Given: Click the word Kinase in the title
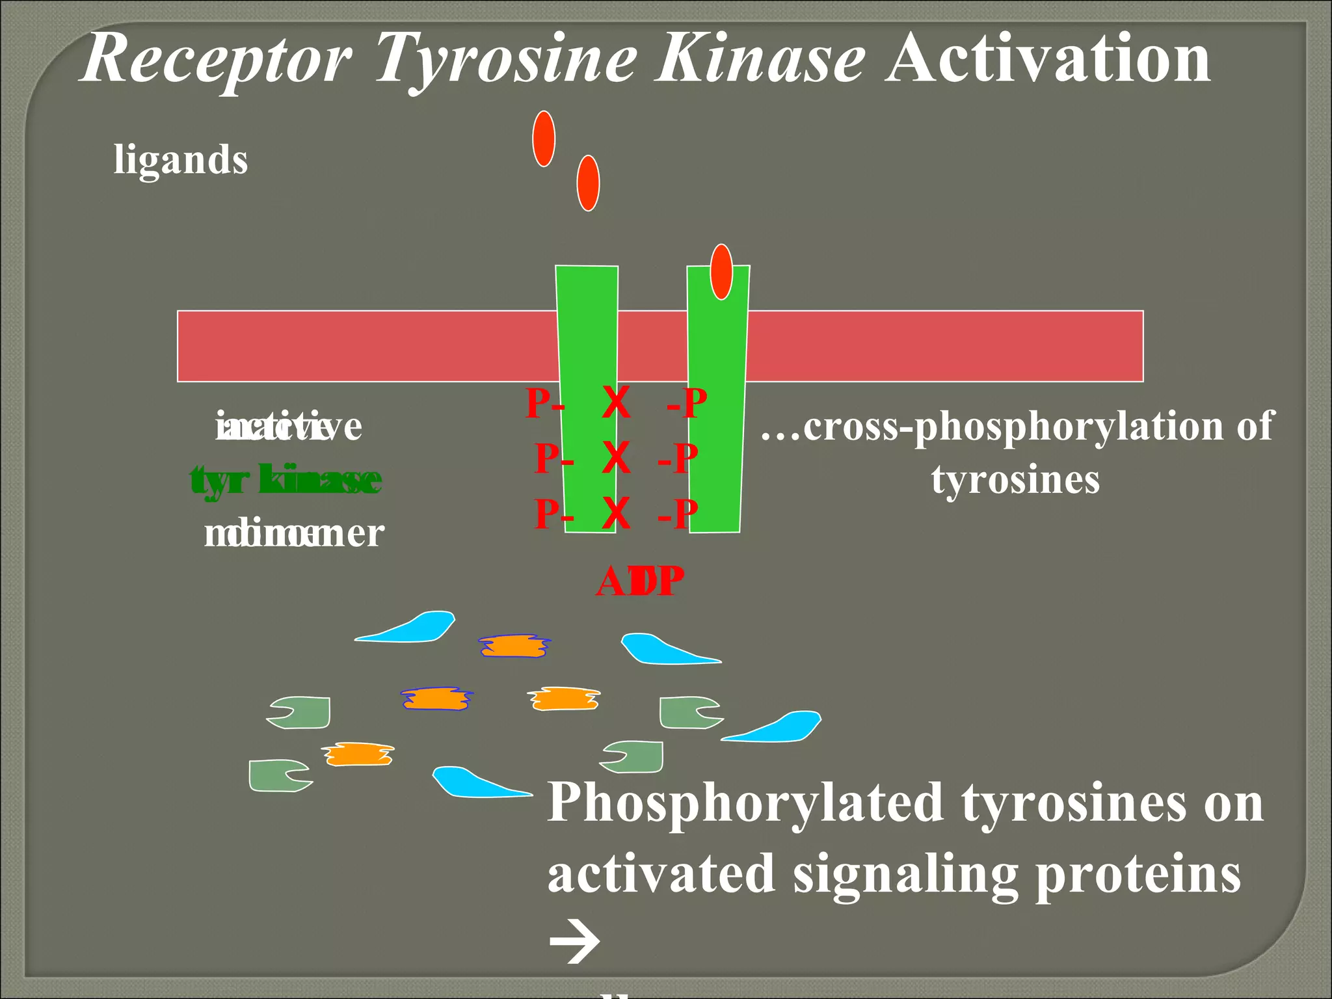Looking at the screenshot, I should click(x=760, y=60).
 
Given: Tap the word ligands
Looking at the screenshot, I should click(x=181, y=160).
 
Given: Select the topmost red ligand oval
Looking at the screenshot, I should click(x=544, y=139).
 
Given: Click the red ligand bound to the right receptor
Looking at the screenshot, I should click(x=721, y=272).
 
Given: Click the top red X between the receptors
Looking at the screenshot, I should click(x=616, y=403).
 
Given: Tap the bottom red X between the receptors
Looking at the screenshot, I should click(x=616, y=514).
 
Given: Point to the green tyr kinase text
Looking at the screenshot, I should click(x=286, y=480).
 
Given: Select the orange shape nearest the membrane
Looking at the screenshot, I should click(x=514, y=646).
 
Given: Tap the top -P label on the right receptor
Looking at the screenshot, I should click(x=687, y=403).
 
